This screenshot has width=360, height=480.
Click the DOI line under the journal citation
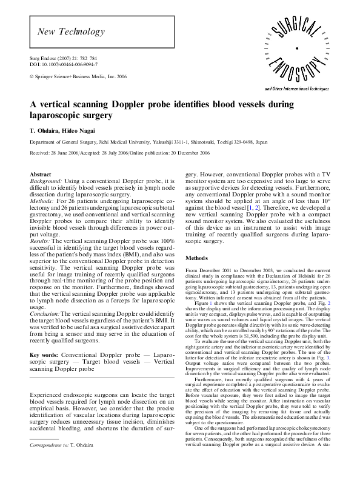point(64,64)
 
